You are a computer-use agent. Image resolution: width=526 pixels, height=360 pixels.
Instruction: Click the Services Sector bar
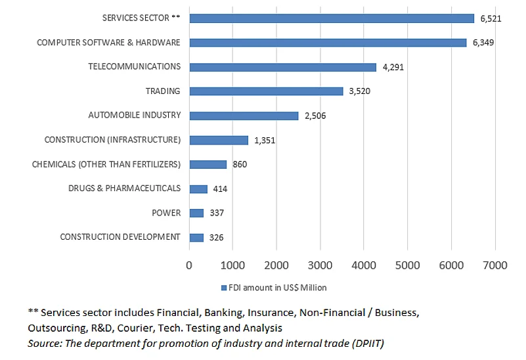(x=332, y=18)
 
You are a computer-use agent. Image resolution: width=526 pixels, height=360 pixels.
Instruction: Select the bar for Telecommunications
(x=282, y=67)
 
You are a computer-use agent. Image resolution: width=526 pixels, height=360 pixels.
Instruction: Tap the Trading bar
(x=266, y=91)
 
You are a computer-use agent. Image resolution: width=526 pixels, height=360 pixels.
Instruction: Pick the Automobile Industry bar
(x=244, y=116)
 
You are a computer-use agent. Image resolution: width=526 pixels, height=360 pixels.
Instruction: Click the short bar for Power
(x=196, y=213)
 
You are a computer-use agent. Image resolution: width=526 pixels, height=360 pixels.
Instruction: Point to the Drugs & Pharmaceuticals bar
(x=198, y=189)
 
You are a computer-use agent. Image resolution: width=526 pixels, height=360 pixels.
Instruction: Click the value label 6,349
(x=483, y=43)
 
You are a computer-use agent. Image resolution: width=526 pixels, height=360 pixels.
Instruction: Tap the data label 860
(x=240, y=164)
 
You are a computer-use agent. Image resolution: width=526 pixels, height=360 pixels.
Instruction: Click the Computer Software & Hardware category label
(x=108, y=43)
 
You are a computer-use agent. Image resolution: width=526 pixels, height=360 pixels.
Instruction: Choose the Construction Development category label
(x=120, y=236)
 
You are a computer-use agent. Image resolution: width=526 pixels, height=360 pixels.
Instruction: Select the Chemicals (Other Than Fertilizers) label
(x=106, y=164)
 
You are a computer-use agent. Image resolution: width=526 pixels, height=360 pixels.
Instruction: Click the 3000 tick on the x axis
(x=320, y=265)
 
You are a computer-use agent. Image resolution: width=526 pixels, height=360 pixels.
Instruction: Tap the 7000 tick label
(x=494, y=265)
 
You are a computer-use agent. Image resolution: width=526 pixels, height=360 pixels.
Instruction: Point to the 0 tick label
(x=189, y=265)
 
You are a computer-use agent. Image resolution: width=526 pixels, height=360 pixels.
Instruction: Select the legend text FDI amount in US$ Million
(x=277, y=288)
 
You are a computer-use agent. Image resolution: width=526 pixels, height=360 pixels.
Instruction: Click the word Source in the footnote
(x=43, y=343)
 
